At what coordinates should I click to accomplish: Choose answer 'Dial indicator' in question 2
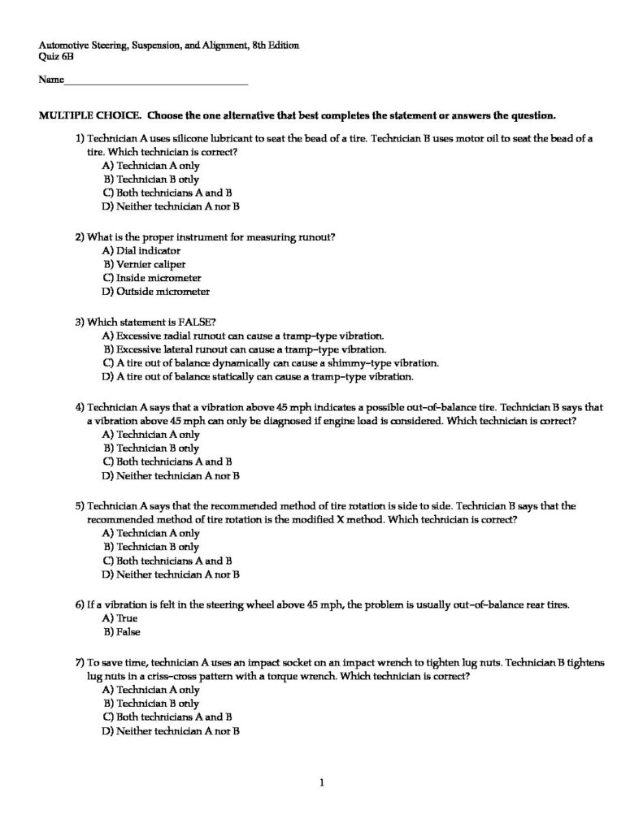[x=142, y=251]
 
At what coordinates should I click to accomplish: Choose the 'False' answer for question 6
[x=128, y=631]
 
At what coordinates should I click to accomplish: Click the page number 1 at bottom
[x=322, y=783]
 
